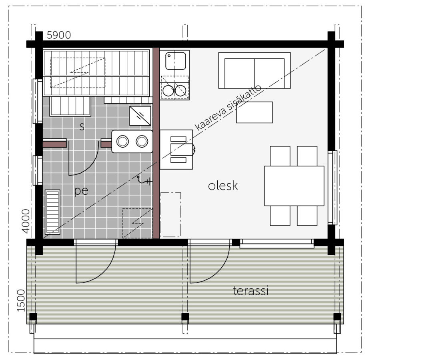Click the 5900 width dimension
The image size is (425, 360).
click(59, 35)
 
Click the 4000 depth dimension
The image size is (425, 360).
click(26, 221)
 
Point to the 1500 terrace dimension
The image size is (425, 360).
click(21, 300)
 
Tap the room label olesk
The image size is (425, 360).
click(223, 186)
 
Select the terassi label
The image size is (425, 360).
click(251, 290)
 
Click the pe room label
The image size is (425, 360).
click(81, 191)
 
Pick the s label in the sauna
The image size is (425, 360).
click(82, 126)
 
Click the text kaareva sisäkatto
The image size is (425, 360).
click(228, 108)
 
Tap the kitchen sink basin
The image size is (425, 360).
click(176, 61)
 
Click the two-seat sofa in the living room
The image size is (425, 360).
click(255, 70)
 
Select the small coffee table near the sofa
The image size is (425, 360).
click(255, 112)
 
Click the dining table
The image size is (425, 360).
click(294, 186)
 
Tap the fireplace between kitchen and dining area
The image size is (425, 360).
click(176, 150)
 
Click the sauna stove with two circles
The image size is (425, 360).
click(132, 141)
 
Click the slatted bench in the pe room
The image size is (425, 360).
click(52, 212)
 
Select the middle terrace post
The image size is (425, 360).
click(185, 316)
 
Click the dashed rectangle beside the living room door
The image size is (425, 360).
click(171, 215)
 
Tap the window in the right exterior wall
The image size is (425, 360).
click(332, 188)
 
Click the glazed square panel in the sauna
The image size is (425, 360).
click(140, 116)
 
